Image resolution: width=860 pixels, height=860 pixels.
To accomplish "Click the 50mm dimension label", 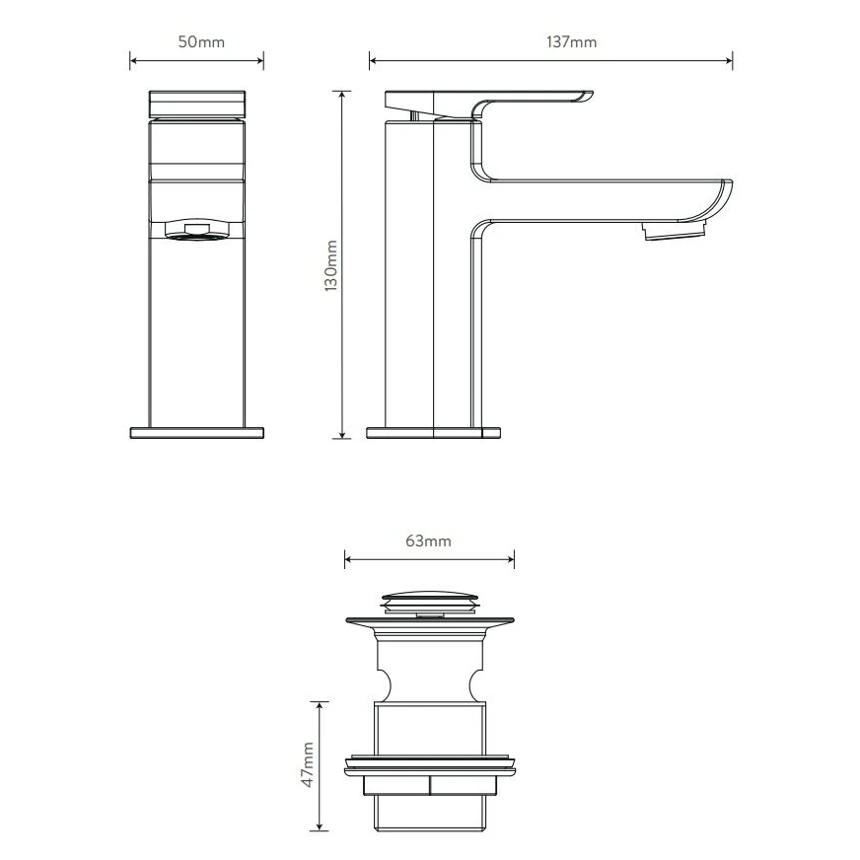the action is (201, 42).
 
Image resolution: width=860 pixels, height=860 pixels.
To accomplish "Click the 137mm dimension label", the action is (571, 42).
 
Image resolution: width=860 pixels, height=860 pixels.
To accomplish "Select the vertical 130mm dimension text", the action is (330, 266).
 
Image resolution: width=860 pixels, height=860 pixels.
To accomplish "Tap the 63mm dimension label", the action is (428, 541).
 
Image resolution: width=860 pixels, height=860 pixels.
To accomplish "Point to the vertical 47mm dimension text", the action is (308, 764).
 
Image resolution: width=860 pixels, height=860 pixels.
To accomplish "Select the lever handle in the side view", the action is (488, 105).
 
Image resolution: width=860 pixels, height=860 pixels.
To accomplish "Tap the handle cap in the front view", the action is (197, 105).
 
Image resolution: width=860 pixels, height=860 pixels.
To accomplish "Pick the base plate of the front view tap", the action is (197, 433).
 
